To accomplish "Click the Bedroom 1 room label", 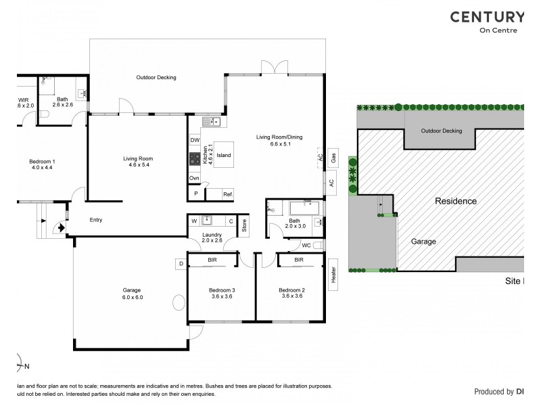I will coord(42,164).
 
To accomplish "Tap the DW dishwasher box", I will coord(195,140).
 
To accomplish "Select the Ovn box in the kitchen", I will coord(194,178).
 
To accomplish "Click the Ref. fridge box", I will coord(228,195).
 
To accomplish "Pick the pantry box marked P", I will coord(196,194).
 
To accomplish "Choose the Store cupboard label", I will coord(245,225).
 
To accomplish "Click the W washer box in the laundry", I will coord(195,221).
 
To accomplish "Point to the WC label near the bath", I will coord(306,245).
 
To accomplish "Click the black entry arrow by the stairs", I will coord(62,228).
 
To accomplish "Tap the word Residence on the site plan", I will coord(455,201).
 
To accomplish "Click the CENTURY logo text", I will coord(486,17).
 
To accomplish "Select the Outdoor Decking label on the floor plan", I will coord(156,77).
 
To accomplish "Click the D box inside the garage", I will coord(181,263).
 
